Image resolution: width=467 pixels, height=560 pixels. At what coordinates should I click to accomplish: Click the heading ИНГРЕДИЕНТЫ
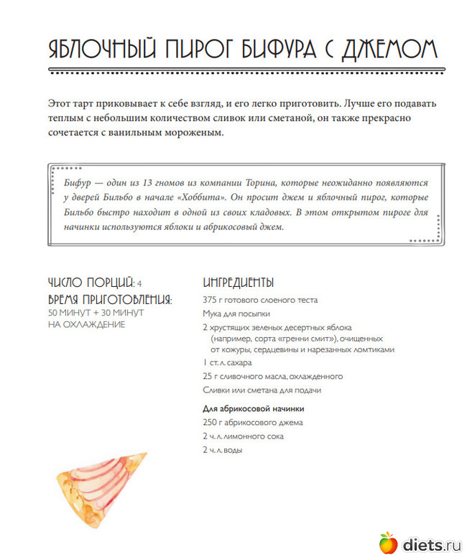[238, 283]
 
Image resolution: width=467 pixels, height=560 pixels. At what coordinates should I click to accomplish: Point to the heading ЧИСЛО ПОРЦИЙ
[91, 283]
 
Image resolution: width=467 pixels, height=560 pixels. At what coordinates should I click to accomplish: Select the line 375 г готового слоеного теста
[259, 300]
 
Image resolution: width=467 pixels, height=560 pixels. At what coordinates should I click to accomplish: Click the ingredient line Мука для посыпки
[236, 314]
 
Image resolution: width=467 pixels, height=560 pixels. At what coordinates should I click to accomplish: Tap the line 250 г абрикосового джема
[252, 423]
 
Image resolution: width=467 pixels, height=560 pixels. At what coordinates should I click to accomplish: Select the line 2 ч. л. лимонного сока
[243, 436]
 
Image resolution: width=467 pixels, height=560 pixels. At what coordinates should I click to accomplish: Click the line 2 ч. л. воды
[222, 450]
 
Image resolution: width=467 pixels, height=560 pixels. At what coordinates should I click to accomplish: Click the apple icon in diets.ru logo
[387, 543]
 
